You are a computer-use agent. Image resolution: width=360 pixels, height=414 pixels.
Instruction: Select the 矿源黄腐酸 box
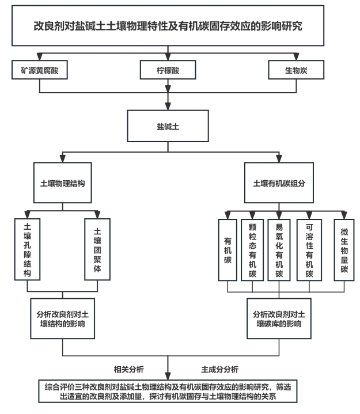pyautogui.click(x=40, y=71)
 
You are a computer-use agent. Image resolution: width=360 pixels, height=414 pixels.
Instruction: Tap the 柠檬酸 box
pyautogui.click(x=168, y=71)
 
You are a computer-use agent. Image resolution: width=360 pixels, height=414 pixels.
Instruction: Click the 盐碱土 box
pyautogui.click(x=168, y=126)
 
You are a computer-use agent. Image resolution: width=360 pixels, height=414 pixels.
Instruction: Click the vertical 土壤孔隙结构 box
pyautogui.click(x=27, y=248)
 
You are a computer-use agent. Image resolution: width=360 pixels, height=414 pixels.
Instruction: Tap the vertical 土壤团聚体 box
pyautogui.click(x=97, y=248)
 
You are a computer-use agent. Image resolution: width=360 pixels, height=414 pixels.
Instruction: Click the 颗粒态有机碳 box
pyautogui.click(x=252, y=249)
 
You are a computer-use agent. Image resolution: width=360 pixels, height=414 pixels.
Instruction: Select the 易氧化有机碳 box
pyautogui.click(x=279, y=249)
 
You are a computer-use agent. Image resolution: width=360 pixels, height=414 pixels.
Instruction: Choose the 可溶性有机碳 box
pyautogui.click(x=309, y=249)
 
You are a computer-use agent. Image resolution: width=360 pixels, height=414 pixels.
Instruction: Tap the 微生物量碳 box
pyautogui.click(x=344, y=249)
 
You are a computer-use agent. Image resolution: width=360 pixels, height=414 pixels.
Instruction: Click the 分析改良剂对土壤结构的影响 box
pyautogui.click(x=62, y=317)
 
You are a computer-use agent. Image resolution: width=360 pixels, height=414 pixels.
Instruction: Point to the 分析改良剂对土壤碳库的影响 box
pyautogui.click(x=279, y=317)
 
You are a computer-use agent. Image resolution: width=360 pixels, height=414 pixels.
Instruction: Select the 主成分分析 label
pyautogui.click(x=220, y=368)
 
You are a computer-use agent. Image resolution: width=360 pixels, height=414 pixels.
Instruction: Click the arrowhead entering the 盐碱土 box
pyautogui.click(x=168, y=108)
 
